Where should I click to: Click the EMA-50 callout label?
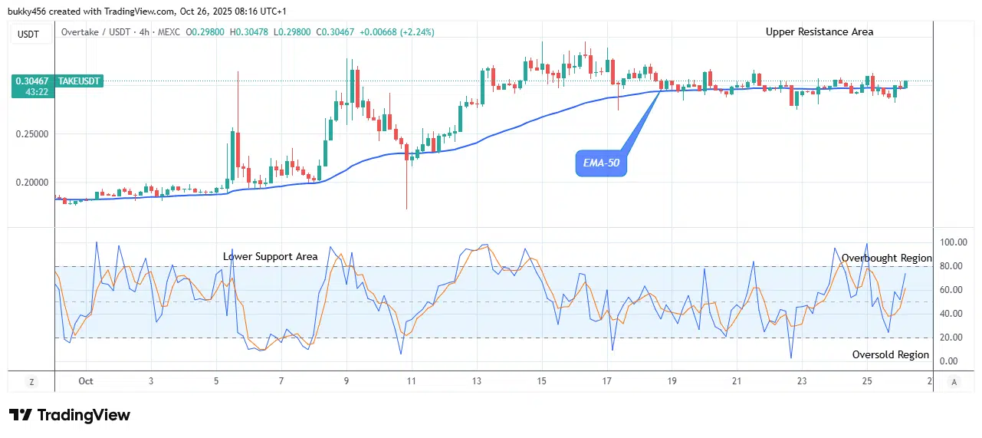(601, 163)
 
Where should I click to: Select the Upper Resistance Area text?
(819, 31)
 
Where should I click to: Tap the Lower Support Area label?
(270, 256)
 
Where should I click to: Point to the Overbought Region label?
(886, 258)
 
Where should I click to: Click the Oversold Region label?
(890, 354)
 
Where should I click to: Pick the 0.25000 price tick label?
(32, 134)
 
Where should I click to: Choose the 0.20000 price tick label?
(32, 183)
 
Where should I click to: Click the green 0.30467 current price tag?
(33, 86)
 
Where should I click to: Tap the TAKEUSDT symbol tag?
(79, 81)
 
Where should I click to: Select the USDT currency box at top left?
(28, 35)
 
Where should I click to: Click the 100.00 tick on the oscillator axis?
(953, 242)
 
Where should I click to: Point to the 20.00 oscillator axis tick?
(951, 338)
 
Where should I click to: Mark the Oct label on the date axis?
(86, 381)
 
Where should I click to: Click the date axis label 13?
(477, 381)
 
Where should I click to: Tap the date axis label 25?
(867, 381)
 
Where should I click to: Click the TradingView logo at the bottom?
(70, 415)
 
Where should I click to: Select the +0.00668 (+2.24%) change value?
(397, 32)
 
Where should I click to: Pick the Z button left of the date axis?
(31, 382)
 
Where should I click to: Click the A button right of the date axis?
(954, 382)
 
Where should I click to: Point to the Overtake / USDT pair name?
(96, 32)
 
